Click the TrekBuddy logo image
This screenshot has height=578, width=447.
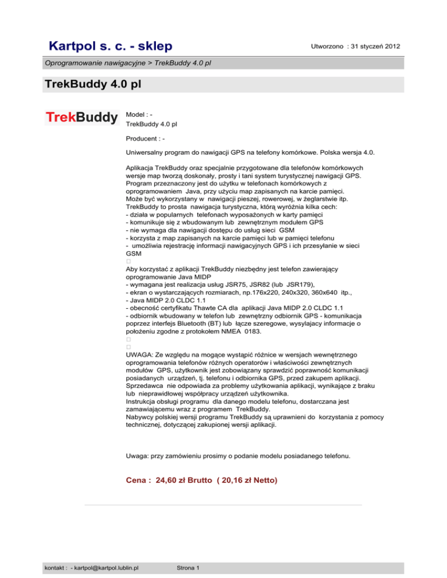pyautogui.click(x=81, y=118)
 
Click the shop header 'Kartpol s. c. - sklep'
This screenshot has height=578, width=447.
pyautogui.click(x=111, y=45)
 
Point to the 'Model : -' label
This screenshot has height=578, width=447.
pyautogui.click(x=140, y=115)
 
